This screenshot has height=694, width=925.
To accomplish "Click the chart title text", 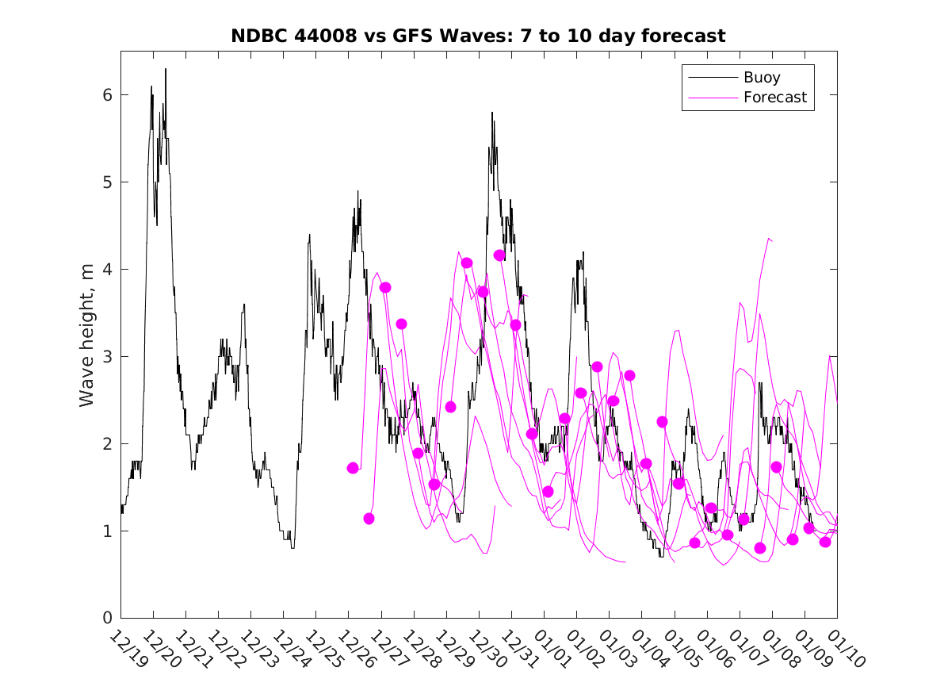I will pyautogui.click(x=478, y=36).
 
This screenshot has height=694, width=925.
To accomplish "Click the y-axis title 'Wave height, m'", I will pyautogui.click(x=87, y=335).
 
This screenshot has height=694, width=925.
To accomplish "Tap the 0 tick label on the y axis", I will pyautogui.click(x=106, y=618).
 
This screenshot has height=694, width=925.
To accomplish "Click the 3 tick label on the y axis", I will pyautogui.click(x=106, y=357).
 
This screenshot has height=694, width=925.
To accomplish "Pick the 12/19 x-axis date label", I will pyautogui.click(x=128, y=650).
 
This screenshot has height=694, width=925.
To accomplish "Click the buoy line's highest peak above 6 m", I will pyautogui.click(x=166, y=69).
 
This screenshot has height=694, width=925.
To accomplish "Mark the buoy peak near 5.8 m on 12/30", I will pyautogui.click(x=491, y=113).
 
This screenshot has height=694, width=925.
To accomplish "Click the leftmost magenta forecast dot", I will pyautogui.click(x=353, y=468).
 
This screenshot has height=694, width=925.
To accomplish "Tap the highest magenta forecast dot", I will pyautogui.click(x=499, y=255).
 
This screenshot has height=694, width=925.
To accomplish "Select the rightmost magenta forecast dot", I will pyautogui.click(x=825, y=542).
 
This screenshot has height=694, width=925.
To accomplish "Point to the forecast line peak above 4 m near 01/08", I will pyautogui.click(x=768, y=237).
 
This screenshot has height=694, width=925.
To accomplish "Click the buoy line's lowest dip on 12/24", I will pyautogui.click(x=292, y=547).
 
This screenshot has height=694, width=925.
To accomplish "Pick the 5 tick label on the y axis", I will pyautogui.click(x=106, y=182).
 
